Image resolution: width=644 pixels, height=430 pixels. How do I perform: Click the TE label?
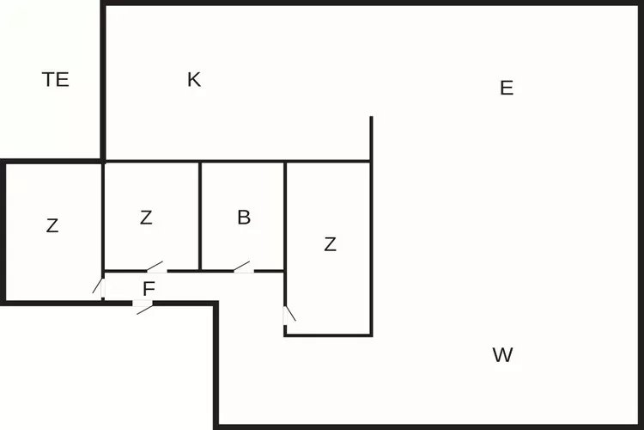tap(56, 79)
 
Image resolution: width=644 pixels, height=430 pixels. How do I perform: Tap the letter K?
tap(194, 79)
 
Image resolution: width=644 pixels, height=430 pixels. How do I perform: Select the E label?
tap(507, 88)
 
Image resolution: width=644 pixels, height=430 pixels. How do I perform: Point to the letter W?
tap(502, 354)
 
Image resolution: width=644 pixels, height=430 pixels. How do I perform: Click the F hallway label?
tap(149, 289)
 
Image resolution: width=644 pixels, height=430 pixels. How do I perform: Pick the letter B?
tap(244, 218)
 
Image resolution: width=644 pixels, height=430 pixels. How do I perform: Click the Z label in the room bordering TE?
tap(52, 226)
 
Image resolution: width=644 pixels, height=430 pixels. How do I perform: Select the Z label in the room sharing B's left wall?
tap(146, 218)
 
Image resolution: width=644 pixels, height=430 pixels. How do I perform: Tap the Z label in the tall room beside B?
tap(331, 244)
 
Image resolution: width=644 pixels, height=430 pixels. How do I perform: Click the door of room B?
tap(244, 267)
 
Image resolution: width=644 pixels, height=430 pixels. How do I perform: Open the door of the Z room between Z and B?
tap(157, 267)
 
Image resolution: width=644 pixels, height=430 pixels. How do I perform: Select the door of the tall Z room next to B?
tap(289, 316)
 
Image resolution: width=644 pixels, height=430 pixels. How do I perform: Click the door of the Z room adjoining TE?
tap(99, 287)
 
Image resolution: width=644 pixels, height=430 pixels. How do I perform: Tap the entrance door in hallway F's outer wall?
tap(143, 307)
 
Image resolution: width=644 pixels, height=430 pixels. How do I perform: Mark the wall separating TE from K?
tap(103, 83)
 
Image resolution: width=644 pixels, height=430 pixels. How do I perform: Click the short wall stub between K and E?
tap(371, 138)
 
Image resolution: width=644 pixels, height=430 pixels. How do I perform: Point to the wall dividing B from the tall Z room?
tap(285, 217)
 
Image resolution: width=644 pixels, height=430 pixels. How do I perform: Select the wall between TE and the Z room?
tap(52, 162)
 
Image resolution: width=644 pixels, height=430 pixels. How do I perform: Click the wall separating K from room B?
tap(242, 162)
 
